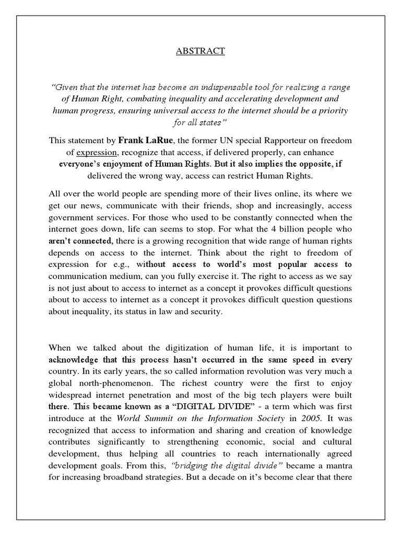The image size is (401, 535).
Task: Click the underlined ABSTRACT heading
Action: coord(200,51)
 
